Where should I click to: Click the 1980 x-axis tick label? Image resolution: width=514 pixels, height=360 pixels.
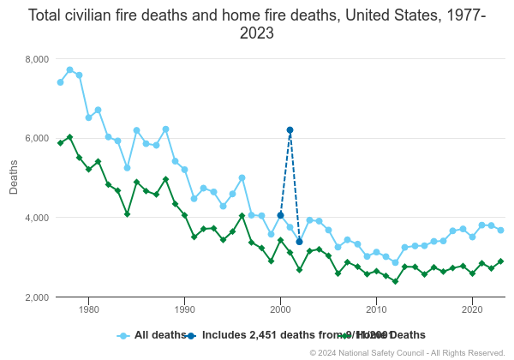(x=89, y=311)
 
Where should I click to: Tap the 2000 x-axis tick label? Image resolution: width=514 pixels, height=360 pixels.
(x=281, y=311)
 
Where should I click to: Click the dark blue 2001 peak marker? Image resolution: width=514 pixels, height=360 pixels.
(x=290, y=130)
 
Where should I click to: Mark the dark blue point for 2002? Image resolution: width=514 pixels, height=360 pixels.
(x=299, y=242)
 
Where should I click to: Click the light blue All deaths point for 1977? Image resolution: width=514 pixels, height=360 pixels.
(x=60, y=82)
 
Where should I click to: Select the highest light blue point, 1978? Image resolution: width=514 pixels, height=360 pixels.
(x=69, y=69)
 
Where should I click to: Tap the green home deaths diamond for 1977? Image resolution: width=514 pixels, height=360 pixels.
(x=60, y=143)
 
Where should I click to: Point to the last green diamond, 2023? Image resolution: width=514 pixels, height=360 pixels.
(x=500, y=261)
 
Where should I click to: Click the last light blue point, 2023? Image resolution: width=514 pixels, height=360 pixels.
(x=500, y=230)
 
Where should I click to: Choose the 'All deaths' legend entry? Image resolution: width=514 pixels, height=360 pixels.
(x=146, y=335)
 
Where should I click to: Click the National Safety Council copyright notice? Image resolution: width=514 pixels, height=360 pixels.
(x=407, y=352)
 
